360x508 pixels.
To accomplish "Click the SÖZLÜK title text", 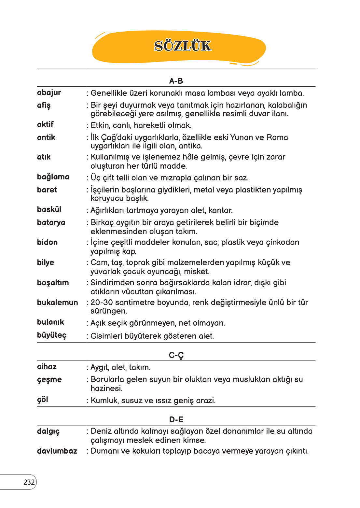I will pyautogui.click(x=183, y=46).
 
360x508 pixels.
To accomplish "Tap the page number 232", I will pyautogui.click(x=29, y=482).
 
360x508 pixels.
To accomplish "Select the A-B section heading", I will pyautogui.click(x=176, y=81).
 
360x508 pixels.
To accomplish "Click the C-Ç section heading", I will pyautogui.click(x=176, y=355).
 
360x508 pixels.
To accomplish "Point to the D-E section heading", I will pyautogui.click(x=176, y=419).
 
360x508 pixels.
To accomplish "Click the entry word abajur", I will pyautogui.click(x=49, y=92).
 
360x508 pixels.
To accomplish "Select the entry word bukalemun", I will pyautogui.click(x=58, y=303).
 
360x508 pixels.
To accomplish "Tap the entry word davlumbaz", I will pyautogui.click(x=57, y=451).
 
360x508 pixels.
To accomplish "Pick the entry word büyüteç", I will pyautogui.click(x=52, y=335).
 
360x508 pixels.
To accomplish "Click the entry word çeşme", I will pyautogui.click(x=49, y=380).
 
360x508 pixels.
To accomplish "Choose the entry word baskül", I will pyautogui.click(x=49, y=209).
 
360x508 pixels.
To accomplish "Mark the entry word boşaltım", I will pyautogui.click(x=53, y=283).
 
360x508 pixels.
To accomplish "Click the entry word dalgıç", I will pyautogui.click(x=48, y=431).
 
